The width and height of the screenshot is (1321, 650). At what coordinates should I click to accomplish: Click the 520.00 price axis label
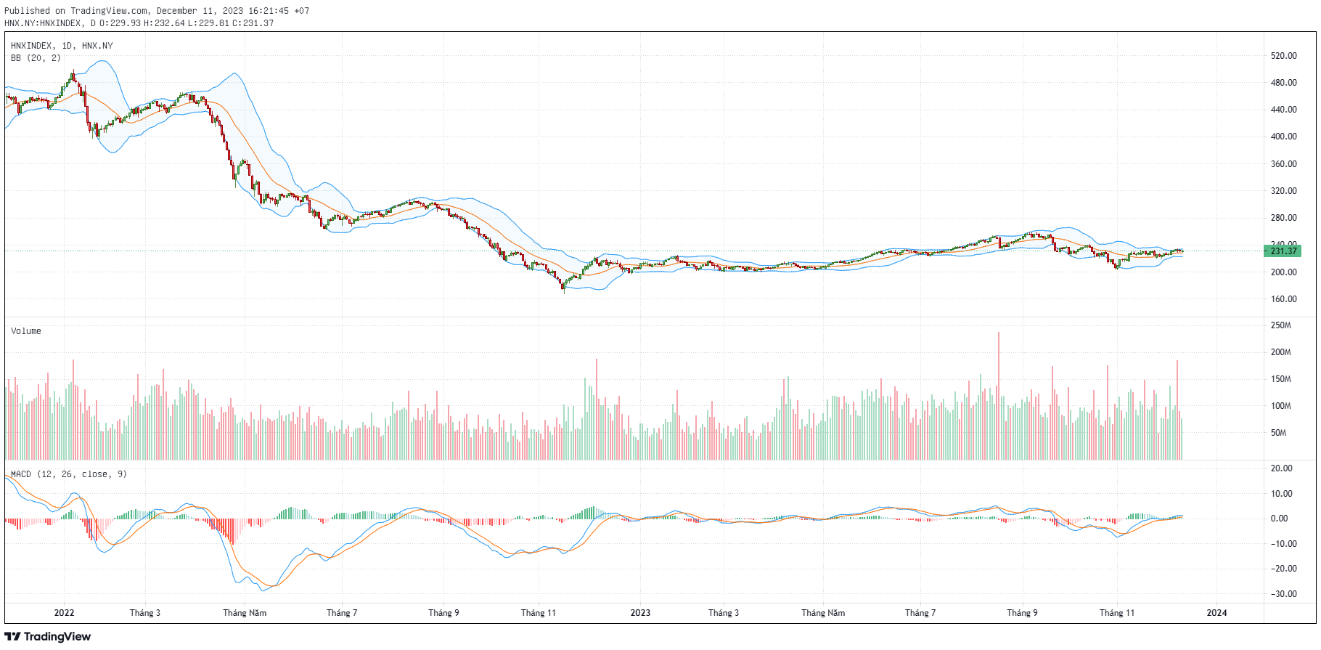[x=1283, y=56]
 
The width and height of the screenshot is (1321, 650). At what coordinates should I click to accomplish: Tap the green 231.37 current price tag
[x=1283, y=251]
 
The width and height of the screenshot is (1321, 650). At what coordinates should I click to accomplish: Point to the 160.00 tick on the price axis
[x=1283, y=299]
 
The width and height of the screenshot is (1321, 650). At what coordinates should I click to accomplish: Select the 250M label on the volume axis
[x=1280, y=325]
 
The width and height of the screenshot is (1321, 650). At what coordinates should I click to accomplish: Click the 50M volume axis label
[x=1278, y=433]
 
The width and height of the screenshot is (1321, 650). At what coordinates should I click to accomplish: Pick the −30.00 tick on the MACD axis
[x=1283, y=594]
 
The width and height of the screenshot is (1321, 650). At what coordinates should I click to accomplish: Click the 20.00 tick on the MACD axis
[x=1281, y=468]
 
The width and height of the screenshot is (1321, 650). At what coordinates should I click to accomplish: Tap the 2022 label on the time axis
[x=64, y=613]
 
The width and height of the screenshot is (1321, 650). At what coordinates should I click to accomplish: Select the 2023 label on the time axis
[x=640, y=613]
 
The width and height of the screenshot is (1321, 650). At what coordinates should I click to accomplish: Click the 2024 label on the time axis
[x=1216, y=613]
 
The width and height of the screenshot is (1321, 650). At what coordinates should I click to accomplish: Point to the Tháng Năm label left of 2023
[x=245, y=613]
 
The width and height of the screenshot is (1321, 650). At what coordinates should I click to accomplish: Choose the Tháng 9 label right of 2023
[x=1022, y=613]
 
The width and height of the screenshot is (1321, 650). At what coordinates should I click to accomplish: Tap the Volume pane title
[x=26, y=331]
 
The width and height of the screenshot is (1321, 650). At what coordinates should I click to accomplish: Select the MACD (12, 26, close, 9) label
[x=69, y=474]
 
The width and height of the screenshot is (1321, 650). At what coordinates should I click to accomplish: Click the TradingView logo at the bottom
[x=48, y=637]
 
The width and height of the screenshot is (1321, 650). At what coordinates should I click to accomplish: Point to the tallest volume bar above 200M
[x=999, y=396]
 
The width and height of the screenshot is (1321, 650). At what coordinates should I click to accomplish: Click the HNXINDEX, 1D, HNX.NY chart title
[x=62, y=46]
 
